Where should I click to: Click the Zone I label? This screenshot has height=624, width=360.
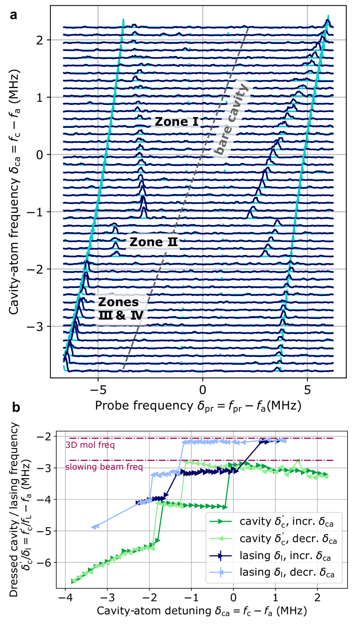(x=176, y=122)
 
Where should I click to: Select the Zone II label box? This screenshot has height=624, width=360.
(x=153, y=242)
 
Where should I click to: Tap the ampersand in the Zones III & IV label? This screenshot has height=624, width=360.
(x=121, y=316)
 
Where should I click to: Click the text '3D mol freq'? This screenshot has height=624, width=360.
(x=90, y=445)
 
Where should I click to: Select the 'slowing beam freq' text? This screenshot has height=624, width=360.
(x=104, y=467)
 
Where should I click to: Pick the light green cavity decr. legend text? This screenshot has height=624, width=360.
(x=288, y=538)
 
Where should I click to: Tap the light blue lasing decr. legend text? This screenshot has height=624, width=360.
(x=287, y=572)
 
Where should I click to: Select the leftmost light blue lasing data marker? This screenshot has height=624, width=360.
(x=95, y=526)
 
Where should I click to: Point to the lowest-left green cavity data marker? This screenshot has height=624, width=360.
(x=74, y=581)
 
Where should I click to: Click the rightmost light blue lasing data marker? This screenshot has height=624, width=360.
(x=283, y=440)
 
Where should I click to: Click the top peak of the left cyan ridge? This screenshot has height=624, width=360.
(x=123, y=19)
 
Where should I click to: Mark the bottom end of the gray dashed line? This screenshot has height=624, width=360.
(x=122, y=371)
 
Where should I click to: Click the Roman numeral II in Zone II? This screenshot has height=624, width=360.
(x=172, y=242)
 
